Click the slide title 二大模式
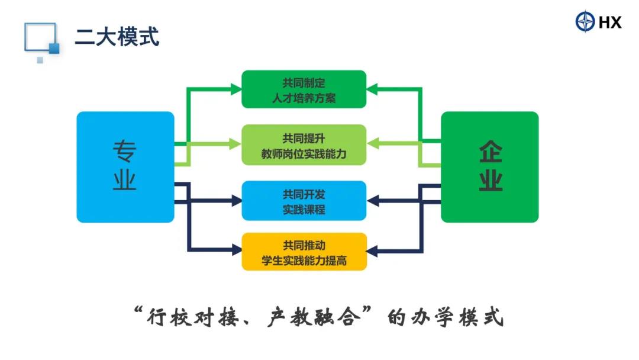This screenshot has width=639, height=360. [117, 37]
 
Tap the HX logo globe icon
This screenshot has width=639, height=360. [585, 21]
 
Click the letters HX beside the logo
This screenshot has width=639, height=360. [610, 22]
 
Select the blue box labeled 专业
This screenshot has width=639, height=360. [125, 167]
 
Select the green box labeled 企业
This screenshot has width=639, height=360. [489, 167]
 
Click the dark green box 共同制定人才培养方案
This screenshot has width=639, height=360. [304, 89]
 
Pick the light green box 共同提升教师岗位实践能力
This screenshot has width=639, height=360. [304, 144]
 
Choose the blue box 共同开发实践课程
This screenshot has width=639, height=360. [304, 201]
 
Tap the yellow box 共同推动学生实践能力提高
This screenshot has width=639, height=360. [304, 252]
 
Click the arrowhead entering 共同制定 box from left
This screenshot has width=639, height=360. [236, 89]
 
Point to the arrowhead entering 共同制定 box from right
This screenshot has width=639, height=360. [372, 89]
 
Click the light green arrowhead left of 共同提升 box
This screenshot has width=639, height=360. [235, 144]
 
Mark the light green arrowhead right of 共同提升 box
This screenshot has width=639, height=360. [373, 143]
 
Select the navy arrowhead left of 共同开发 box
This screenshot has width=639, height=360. [237, 201]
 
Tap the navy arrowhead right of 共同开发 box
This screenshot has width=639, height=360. [373, 201]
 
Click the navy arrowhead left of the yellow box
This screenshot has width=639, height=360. [237, 249]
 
